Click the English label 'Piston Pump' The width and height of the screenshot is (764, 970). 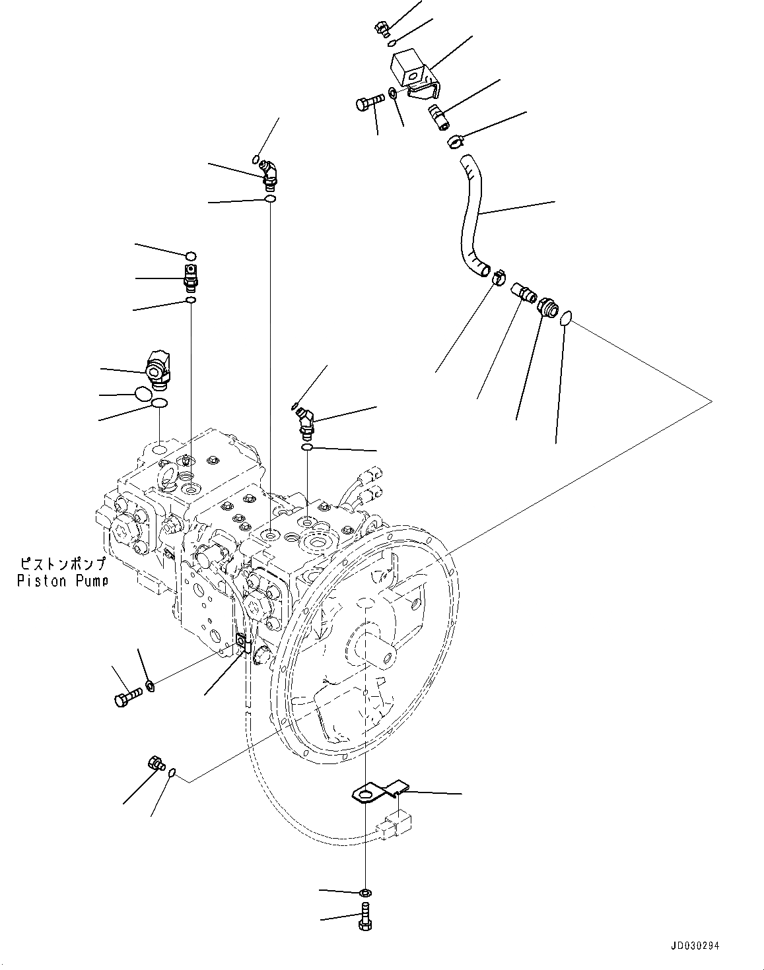pyautogui.click(x=63, y=581)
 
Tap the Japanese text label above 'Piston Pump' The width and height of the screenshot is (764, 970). pyautogui.click(x=63, y=565)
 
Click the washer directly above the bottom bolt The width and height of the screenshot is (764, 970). pyautogui.click(x=365, y=893)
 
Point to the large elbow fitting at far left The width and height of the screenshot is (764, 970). pyautogui.click(x=159, y=368)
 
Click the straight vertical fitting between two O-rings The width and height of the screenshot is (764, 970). pyautogui.click(x=190, y=278)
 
